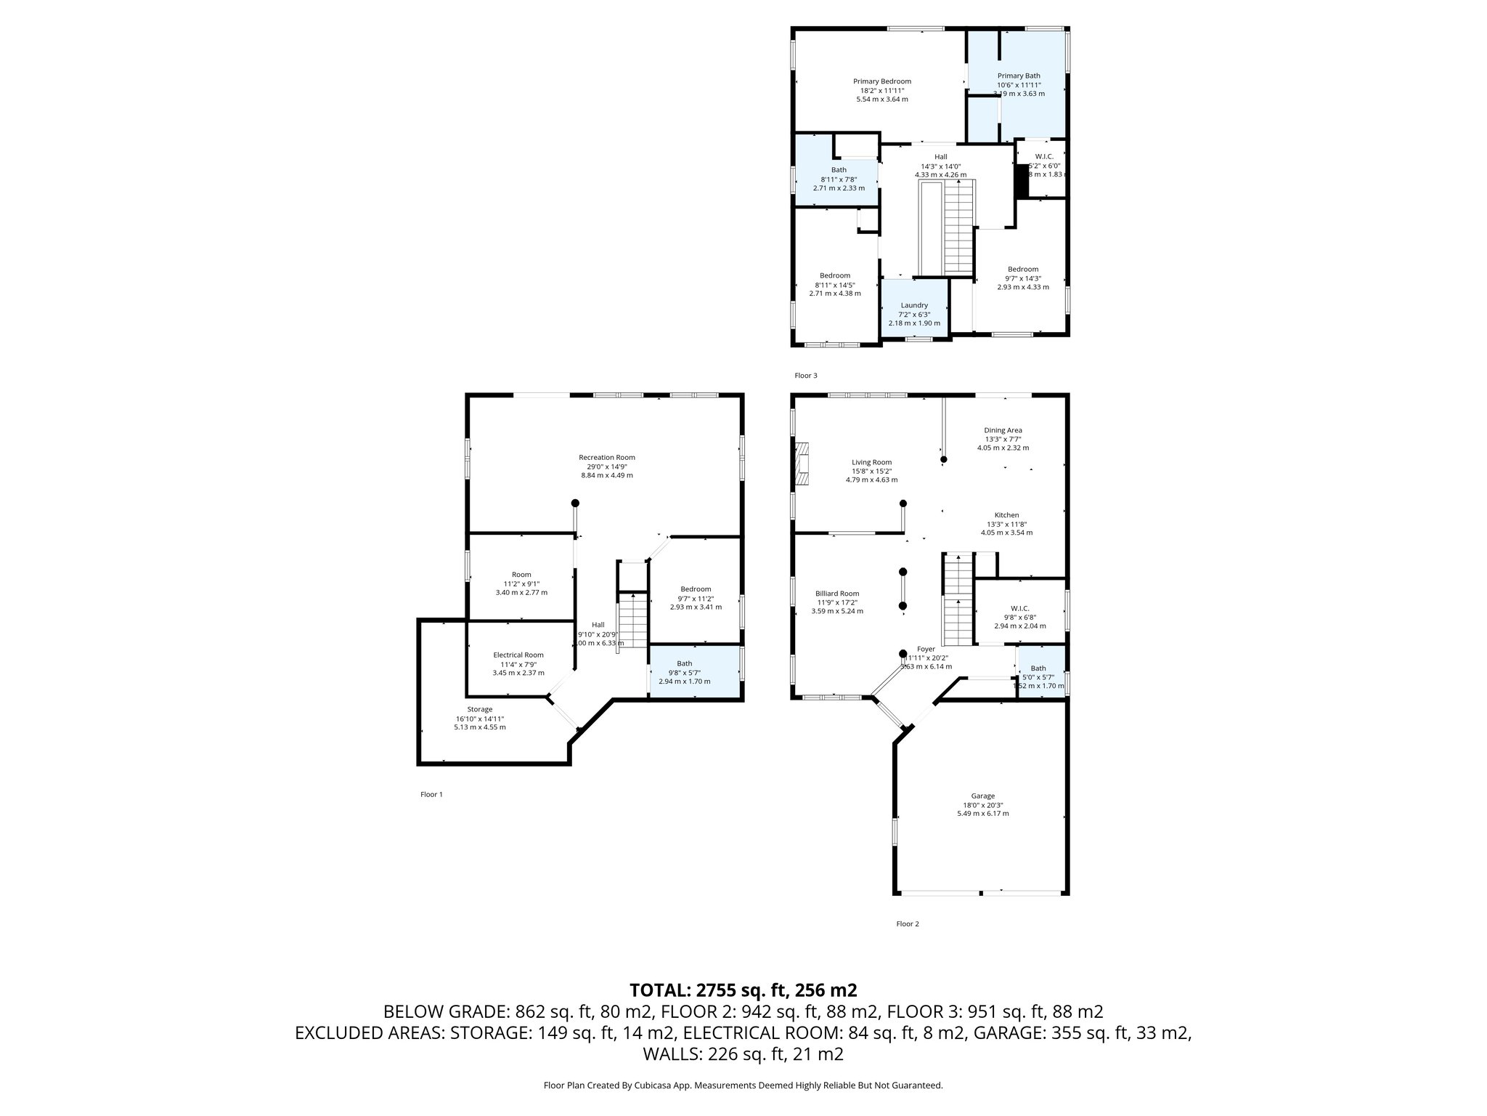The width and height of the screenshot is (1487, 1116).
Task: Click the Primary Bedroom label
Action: (881, 81)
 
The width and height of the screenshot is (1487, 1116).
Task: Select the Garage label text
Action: (982, 796)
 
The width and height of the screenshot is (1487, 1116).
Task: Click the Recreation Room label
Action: (606, 457)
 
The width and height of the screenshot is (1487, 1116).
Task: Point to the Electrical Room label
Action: (518, 655)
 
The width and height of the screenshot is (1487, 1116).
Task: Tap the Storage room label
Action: (479, 709)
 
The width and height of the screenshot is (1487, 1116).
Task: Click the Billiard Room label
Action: (836, 593)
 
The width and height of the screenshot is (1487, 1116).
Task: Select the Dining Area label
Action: (1003, 430)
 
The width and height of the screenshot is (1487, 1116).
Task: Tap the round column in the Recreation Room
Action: (575, 503)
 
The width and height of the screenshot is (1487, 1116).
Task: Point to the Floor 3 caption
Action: (805, 376)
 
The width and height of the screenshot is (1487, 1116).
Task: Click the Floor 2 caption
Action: (907, 924)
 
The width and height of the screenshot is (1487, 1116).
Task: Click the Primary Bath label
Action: (1018, 76)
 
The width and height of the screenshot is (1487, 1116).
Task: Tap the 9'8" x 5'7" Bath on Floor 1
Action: (684, 672)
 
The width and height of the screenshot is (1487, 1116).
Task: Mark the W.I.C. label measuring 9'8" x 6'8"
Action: (1019, 609)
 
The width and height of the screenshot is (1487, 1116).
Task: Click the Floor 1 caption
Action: (431, 794)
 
